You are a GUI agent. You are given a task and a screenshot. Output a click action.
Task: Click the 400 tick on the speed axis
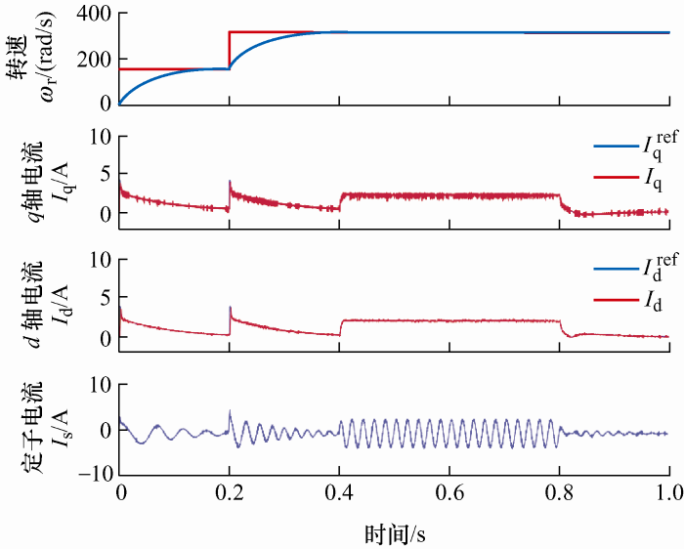click(x=92, y=15)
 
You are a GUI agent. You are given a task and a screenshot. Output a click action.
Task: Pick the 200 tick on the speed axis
click(x=92, y=59)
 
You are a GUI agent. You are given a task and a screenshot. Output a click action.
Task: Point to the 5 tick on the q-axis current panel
click(x=102, y=174)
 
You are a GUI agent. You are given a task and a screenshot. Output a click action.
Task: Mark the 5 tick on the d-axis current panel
click(x=102, y=298)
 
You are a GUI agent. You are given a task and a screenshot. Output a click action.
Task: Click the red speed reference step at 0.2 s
click(x=229, y=49)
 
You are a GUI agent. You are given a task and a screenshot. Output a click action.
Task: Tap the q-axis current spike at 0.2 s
click(x=229, y=183)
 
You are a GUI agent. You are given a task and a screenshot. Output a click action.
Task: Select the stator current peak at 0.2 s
click(x=229, y=412)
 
